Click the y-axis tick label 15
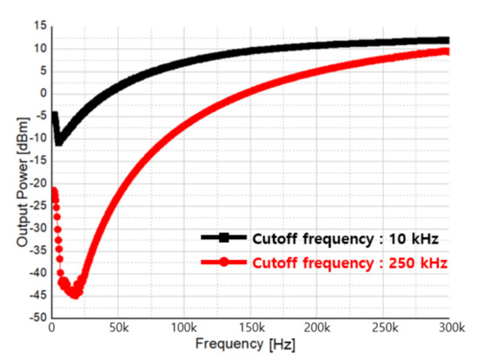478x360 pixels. tap(39, 26)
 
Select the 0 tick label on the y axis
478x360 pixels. tap(42, 93)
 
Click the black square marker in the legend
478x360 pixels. tap(224, 237)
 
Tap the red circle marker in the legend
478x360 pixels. tap(224, 261)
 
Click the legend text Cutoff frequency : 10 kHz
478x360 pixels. tap(343, 237)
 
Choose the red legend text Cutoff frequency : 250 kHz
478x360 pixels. tap(349, 261)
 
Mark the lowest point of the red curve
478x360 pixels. tap(75, 295)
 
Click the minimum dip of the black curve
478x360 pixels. tap(59, 142)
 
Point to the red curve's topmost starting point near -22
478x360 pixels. tap(54, 191)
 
